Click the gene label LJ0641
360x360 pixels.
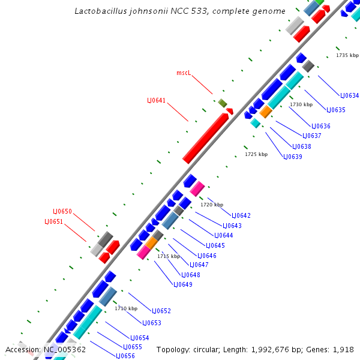coord(157,100)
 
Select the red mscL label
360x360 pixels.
coord(184,73)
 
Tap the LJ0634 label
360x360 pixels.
coord(350,95)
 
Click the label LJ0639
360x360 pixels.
coord(293,157)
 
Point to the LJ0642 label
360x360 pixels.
coord(241,215)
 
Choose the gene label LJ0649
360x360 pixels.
coord(183,284)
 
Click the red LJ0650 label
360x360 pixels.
coord(62,211)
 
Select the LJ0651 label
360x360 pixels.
coord(53,221)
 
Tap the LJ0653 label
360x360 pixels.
coord(152,323)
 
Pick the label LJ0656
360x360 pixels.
coord(125,356)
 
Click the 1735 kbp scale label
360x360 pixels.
coord(347,55)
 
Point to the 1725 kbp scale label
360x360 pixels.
coord(256,154)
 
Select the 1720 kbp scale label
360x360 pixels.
coord(212,205)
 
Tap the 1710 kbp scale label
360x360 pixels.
coord(126,308)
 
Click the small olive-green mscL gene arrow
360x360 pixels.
coord(223,103)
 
